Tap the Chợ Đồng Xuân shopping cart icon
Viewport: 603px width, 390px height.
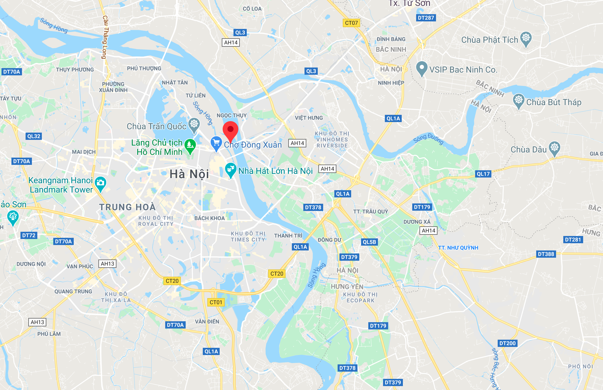[216, 143]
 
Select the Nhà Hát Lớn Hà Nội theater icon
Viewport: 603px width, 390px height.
[230, 169]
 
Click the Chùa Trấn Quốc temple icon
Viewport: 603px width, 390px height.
[194, 124]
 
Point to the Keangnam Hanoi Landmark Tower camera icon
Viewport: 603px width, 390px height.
[100, 183]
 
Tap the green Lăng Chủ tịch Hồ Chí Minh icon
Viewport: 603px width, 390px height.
[190, 145]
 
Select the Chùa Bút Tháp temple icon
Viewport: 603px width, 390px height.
[518, 100]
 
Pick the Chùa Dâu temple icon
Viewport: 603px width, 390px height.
[554, 148]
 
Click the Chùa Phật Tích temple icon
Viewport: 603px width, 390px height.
[526, 38]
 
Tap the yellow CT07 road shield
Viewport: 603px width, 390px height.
[351, 23]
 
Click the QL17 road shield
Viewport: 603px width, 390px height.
[483, 174]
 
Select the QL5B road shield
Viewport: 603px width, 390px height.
[369, 242]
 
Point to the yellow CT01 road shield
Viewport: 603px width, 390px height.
[216, 302]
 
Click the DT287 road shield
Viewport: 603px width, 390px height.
[426, 18]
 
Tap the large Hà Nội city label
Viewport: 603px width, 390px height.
[189, 174]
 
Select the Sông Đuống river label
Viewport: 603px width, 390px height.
[428, 138]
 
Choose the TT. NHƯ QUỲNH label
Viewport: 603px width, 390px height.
[458, 248]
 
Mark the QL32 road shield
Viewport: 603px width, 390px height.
[34, 136]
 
